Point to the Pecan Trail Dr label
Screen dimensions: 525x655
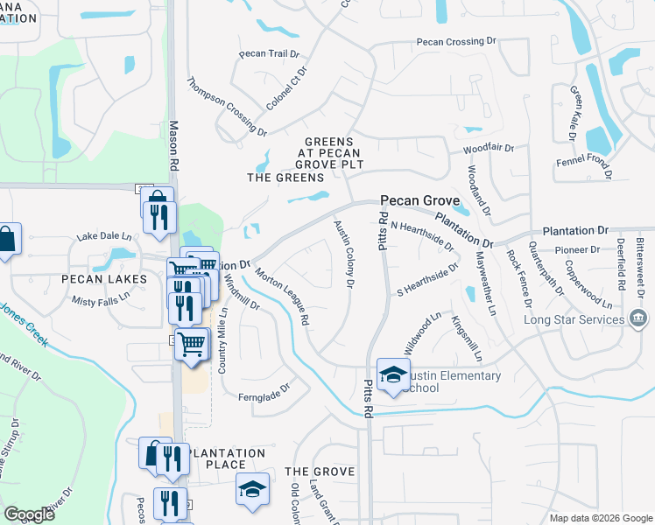point(270,53)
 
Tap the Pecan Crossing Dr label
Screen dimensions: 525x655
point(456,41)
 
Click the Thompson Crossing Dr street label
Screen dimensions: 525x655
point(226,107)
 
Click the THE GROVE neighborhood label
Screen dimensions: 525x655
point(320,472)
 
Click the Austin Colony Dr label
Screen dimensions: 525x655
point(344,255)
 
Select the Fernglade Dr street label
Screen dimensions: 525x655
point(263,397)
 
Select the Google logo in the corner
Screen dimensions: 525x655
point(29,514)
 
